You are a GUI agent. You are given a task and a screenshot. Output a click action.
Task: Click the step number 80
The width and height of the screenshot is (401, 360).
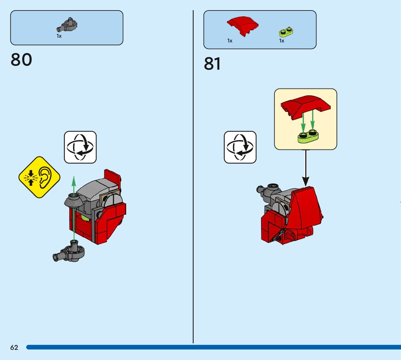pos(21,60)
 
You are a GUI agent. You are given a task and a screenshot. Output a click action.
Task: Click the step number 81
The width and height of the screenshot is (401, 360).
pos(212,64)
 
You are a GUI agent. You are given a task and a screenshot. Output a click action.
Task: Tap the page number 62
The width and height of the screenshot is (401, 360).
pos(14,348)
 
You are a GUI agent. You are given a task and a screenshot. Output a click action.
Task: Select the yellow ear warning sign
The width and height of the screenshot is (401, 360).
pos(39,177)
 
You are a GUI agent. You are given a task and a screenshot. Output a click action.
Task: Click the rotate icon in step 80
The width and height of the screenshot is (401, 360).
pos(80,147)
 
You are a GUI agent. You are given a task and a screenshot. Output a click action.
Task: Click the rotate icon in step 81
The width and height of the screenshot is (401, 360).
pos(240,147)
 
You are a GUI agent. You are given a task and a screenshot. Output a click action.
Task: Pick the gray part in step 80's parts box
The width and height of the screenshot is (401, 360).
pos(67,25)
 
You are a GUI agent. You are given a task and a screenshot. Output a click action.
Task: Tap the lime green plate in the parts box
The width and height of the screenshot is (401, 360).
pos(286,32)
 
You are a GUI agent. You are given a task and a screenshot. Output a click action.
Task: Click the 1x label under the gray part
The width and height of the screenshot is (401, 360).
pos(59,36)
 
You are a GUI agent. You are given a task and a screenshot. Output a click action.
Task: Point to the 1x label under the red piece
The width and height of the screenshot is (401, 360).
pos(230,41)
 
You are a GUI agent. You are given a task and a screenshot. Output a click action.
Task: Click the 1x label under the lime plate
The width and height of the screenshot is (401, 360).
pos(282,41)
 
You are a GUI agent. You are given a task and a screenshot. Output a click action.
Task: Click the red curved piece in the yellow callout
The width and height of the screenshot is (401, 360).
pos(306,104)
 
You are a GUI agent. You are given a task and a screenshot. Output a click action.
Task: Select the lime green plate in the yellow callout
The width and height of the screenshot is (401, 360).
pos(308,136)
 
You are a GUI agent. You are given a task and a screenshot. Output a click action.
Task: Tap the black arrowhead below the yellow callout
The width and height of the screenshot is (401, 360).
pos(306,180)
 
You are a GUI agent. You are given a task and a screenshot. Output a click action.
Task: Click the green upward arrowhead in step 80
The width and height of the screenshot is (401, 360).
pos(74,179)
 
